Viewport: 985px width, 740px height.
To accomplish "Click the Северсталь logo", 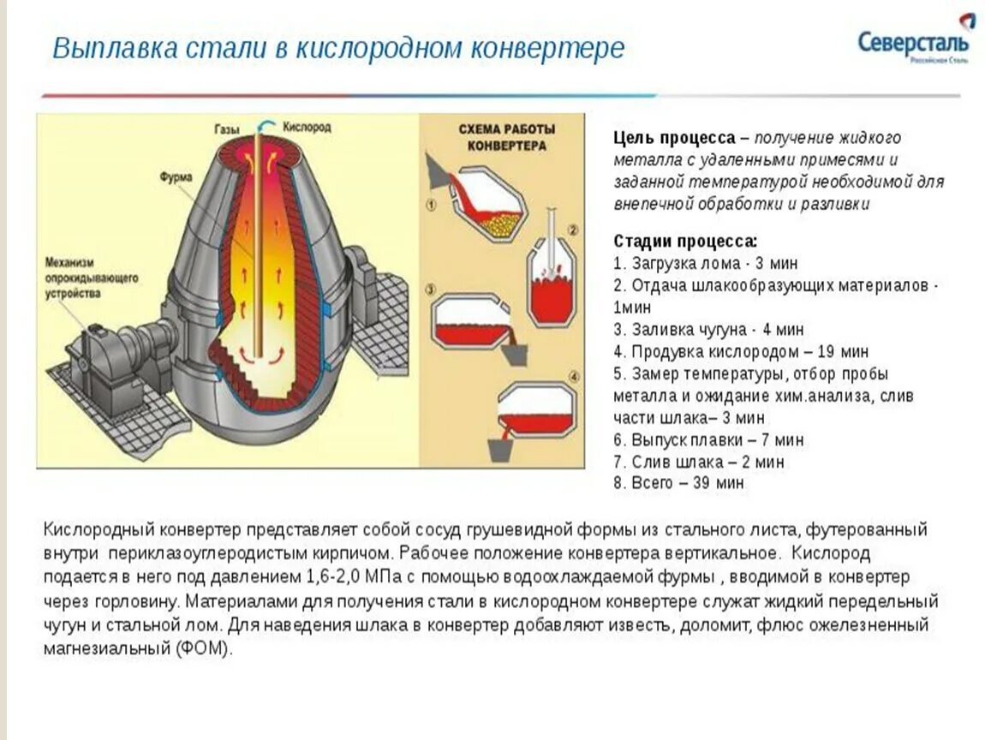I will [x=914, y=41].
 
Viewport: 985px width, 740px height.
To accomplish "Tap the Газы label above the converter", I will [x=227, y=128].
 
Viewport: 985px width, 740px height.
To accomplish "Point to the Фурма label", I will [x=176, y=177].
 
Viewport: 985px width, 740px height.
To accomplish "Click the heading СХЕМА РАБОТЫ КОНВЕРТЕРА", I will [x=506, y=137].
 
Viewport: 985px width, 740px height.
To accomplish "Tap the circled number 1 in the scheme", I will [x=431, y=206].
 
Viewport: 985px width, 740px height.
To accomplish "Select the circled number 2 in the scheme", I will [x=573, y=230].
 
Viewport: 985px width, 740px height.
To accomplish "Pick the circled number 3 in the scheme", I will [x=431, y=289].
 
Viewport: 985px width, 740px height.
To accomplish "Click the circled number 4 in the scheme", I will [x=573, y=376].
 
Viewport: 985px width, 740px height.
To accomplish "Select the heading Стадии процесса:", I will [x=685, y=241].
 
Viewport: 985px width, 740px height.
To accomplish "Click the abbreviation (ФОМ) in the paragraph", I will [x=204, y=648].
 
